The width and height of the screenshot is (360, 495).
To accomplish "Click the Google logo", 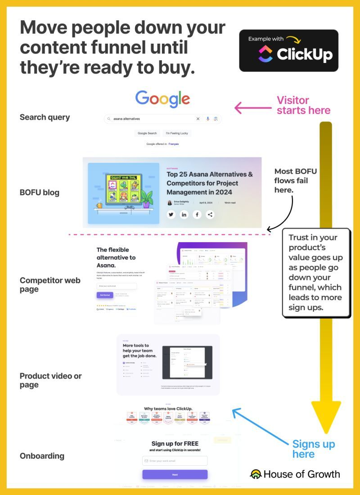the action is click(162, 99).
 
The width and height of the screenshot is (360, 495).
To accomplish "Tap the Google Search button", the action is click(147, 133).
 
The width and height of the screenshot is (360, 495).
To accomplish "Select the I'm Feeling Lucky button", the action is click(177, 133).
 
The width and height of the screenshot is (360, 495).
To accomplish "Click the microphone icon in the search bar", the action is click(208, 119).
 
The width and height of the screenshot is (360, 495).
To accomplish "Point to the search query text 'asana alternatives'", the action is click(126, 119).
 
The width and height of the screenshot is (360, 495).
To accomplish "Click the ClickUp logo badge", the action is click(288, 50).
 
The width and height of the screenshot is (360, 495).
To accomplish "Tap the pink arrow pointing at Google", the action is click(252, 108).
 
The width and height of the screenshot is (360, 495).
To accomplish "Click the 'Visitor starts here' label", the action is click(303, 105).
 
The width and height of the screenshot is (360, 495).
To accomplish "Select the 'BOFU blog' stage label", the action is click(40, 193).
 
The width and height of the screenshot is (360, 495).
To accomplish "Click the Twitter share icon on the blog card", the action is click(171, 215).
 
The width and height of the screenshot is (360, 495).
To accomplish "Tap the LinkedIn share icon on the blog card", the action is click(184, 215).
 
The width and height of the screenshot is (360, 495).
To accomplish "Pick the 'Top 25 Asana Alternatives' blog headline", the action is click(209, 183).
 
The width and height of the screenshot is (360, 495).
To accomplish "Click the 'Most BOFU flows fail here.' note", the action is click(295, 180).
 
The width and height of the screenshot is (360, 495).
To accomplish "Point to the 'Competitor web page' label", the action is click(49, 284).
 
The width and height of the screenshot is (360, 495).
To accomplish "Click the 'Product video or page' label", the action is click(50, 380).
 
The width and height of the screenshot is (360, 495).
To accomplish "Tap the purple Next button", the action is click(175, 475).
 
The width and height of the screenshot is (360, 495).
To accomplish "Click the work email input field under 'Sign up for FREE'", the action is click(175, 461).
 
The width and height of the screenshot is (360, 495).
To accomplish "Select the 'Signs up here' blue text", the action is click(313, 449).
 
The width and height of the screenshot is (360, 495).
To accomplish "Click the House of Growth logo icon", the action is click(256, 474).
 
